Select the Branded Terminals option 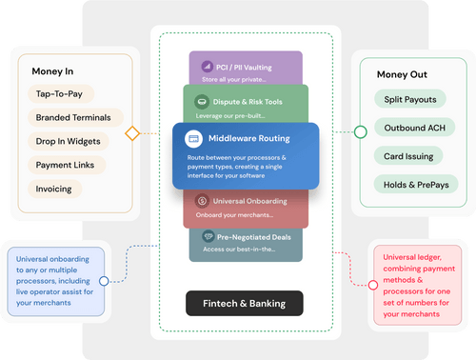click(80, 118)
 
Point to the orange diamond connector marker click(132, 132)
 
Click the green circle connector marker click(360, 131)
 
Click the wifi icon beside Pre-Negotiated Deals click(208, 235)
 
